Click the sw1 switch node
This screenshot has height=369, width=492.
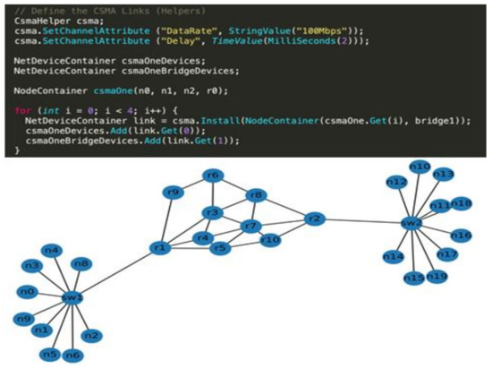[72, 297]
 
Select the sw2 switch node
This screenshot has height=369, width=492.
[411, 222]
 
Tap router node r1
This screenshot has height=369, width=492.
[161, 247]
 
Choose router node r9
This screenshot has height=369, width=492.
[174, 193]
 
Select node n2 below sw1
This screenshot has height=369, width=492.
[91, 336]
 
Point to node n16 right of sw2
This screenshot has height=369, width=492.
[461, 236]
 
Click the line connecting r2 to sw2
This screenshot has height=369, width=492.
[361, 220]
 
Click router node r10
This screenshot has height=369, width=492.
[270, 239]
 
